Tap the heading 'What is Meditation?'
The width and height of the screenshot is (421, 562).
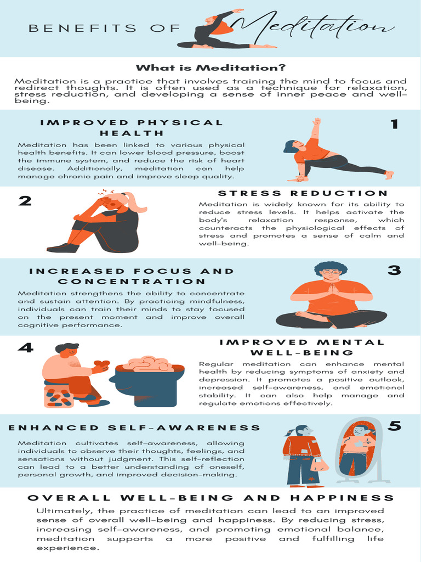(x=210, y=68)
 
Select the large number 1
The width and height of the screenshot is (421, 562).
(x=394, y=125)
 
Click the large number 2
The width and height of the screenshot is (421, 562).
(x=25, y=201)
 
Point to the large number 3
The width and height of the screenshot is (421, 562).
(x=394, y=271)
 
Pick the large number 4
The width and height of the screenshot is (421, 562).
(x=25, y=348)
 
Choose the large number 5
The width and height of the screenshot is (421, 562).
(x=394, y=426)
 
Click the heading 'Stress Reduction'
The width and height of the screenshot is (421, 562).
(x=303, y=193)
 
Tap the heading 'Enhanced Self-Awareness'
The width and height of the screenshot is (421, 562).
(x=134, y=428)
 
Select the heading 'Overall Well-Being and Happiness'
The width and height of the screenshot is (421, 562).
(x=210, y=498)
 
